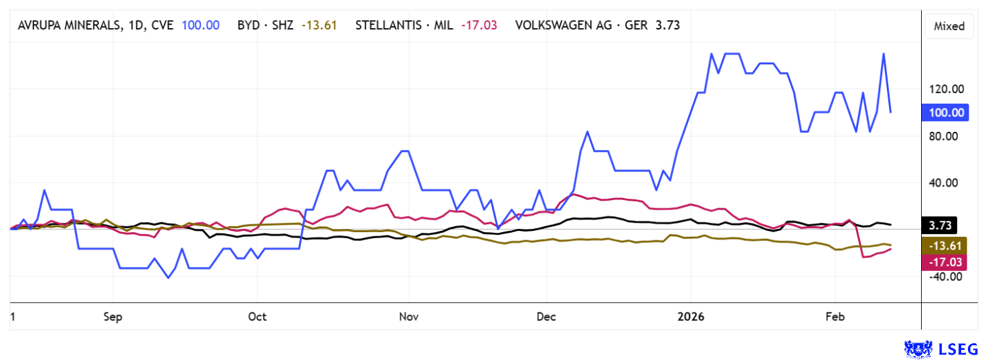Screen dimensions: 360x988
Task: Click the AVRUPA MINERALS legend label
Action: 94,25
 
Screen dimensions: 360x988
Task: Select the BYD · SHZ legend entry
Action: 265,25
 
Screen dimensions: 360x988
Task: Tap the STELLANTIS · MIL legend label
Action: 404,25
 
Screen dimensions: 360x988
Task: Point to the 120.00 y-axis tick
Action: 945,89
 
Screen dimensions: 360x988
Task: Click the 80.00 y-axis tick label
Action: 945,136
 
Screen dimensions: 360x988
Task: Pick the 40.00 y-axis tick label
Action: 945,183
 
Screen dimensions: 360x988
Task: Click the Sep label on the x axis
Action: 113,317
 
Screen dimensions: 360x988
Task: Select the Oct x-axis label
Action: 257,317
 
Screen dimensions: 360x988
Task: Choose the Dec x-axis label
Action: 546,317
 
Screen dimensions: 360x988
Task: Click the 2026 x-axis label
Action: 691,317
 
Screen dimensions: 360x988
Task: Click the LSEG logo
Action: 941,349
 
